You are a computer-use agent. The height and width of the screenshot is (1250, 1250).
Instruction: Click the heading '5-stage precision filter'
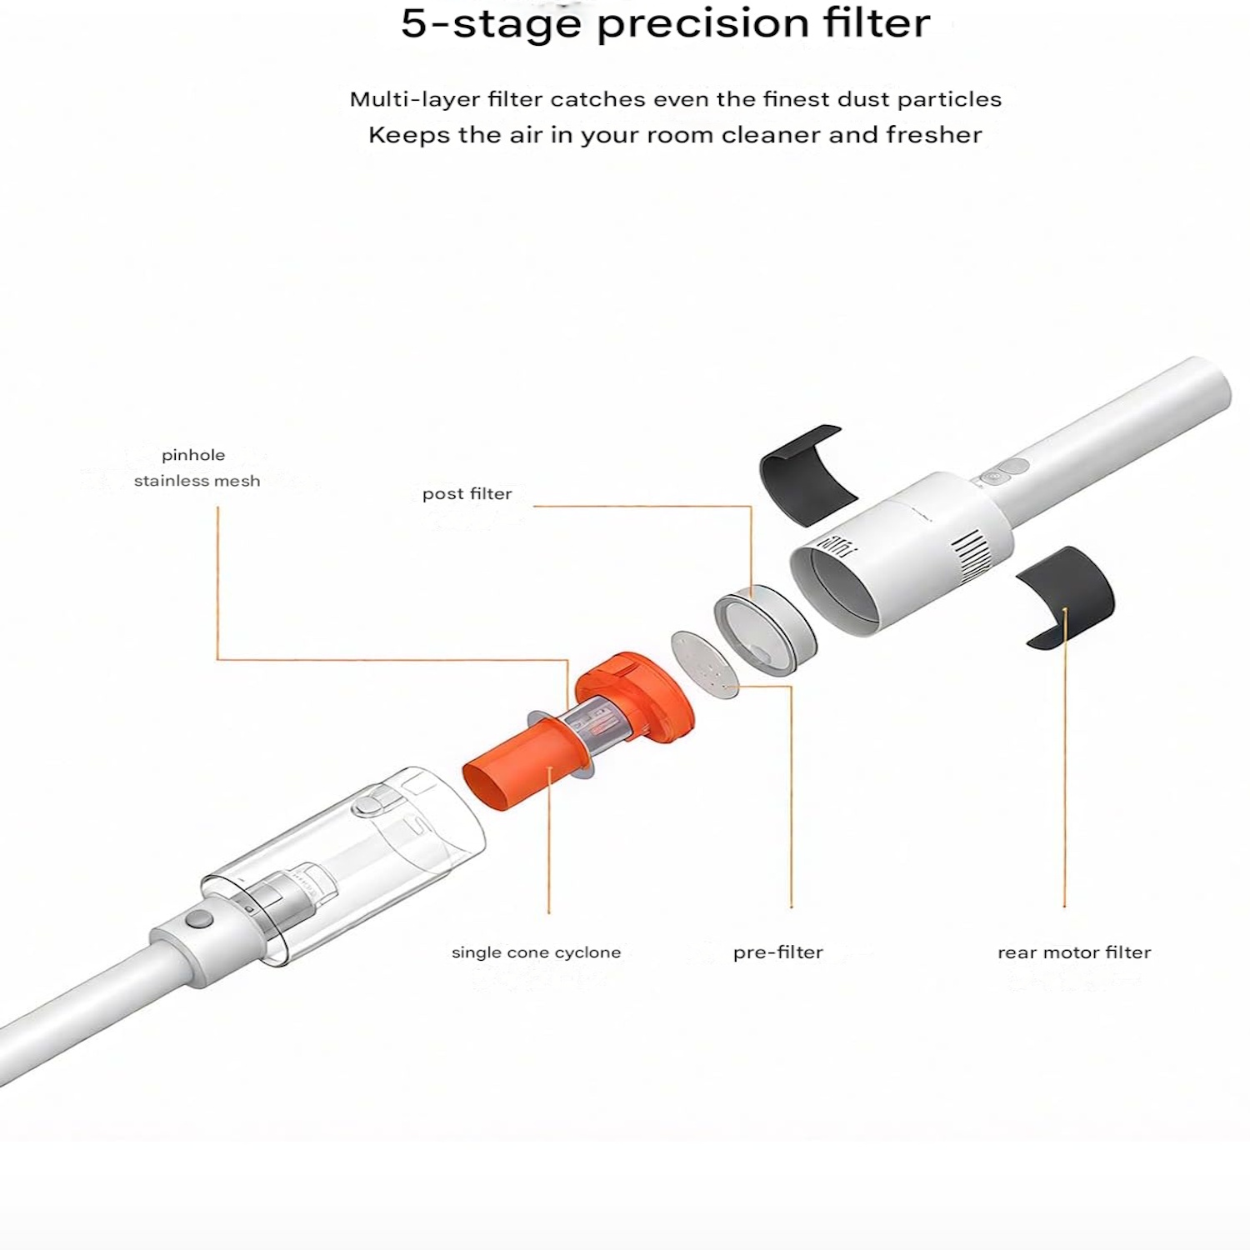click(x=665, y=24)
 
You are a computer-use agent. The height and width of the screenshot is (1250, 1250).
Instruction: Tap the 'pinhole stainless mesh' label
click(x=197, y=467)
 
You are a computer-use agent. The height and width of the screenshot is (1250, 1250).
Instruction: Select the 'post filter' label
click(x=467, y=493)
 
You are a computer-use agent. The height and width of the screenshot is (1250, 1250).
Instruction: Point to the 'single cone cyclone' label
click(x=536, y=952)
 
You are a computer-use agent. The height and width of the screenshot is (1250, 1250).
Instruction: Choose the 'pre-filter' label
click(x=777, y=952)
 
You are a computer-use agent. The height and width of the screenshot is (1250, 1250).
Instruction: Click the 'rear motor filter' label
click(x=1073, y=952)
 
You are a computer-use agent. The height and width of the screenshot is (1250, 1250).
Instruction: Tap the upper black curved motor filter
click(x=807, y=473)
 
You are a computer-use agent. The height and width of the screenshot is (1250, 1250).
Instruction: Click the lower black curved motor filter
click(x=1066, y=595)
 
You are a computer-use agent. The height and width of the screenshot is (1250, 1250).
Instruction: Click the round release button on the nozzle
click(x=197, y=919)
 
